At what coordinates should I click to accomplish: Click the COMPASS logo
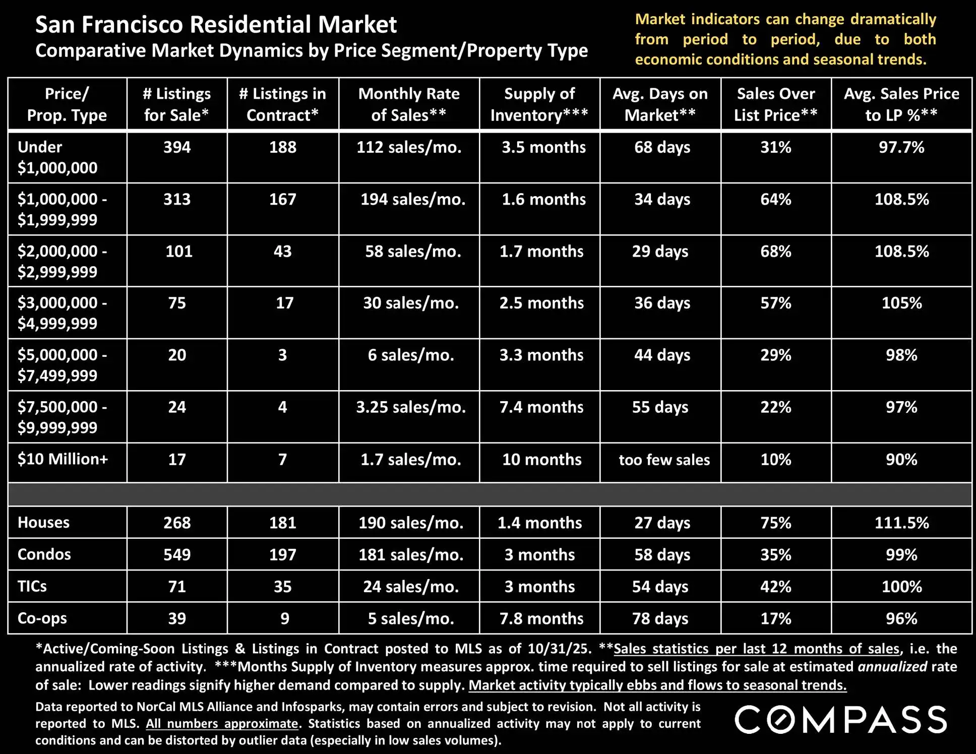[840, 719]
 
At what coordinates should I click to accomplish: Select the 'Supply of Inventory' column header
[539, 104]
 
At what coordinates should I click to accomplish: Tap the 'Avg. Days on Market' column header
[660, 104]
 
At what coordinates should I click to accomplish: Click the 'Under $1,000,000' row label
[57, 157]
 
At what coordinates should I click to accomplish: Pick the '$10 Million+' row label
[63, 459]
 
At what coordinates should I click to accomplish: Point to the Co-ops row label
[42, 618]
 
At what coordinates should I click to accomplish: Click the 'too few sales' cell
[664, 460]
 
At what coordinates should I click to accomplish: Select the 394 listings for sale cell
[177, 147]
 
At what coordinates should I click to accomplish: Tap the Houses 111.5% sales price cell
[901, 523]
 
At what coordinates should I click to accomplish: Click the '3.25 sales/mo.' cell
[411, 407]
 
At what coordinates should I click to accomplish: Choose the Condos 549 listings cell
[177, 554]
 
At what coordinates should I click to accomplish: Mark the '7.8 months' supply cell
[541, 618]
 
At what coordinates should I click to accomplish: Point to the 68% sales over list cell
[775, 251]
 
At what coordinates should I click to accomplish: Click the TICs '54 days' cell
[660, 587]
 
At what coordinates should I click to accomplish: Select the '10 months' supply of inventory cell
[541, 460]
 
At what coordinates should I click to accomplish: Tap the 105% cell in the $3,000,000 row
[901, 303]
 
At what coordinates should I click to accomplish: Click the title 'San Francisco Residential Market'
[216, 24]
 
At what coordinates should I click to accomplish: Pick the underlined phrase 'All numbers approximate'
[222, 724]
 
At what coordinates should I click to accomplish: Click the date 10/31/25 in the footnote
[559, 649]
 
